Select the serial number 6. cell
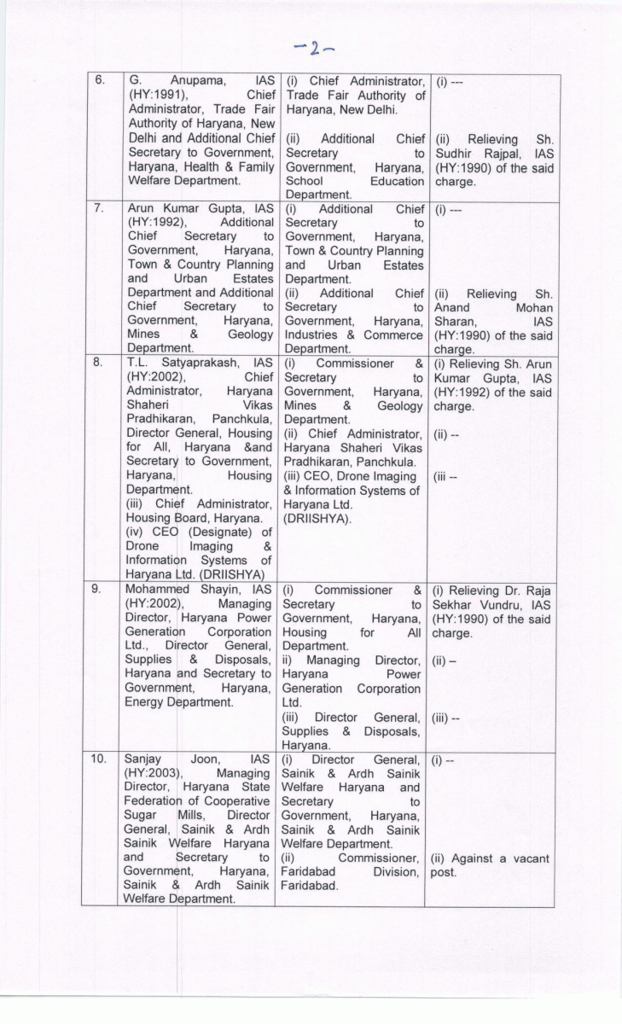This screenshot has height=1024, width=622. click(100, 81)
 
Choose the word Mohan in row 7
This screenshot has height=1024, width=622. click(534, 307)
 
